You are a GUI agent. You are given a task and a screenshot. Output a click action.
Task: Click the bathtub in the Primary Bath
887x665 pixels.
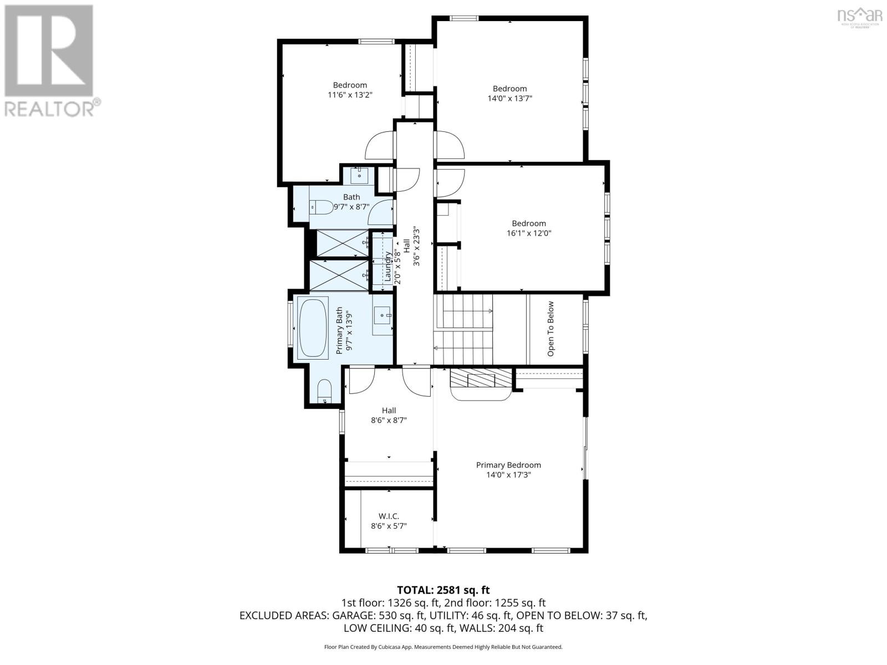(x=313, y=329)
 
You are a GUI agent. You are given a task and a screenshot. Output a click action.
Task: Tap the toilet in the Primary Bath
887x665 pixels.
(x=324, y=392)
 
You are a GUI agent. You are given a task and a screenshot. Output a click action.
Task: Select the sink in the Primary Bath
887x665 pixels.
(x=382, y=315)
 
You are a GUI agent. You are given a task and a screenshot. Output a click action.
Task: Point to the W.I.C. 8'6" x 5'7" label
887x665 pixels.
(x=389, y=521)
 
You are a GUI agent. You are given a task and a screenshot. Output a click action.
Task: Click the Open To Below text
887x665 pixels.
(x=550, y=329)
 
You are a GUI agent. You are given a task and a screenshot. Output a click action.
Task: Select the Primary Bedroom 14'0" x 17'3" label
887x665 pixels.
(x=508, y=470)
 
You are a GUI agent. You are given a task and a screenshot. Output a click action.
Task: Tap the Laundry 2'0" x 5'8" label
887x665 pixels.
(x=392, y=267)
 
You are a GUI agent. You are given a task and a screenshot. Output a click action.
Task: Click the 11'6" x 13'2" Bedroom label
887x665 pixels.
(x=350, y=90)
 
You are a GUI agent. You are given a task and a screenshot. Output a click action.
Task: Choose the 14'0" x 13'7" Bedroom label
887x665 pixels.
(x=509, y=93)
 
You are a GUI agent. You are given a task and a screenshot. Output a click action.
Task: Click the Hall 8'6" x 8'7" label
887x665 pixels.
(x=389, y=415)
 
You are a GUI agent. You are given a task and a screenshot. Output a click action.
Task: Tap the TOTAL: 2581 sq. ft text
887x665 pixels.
(x=443, y=590)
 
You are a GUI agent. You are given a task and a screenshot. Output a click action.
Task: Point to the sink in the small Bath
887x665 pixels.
(x=359, y=176)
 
